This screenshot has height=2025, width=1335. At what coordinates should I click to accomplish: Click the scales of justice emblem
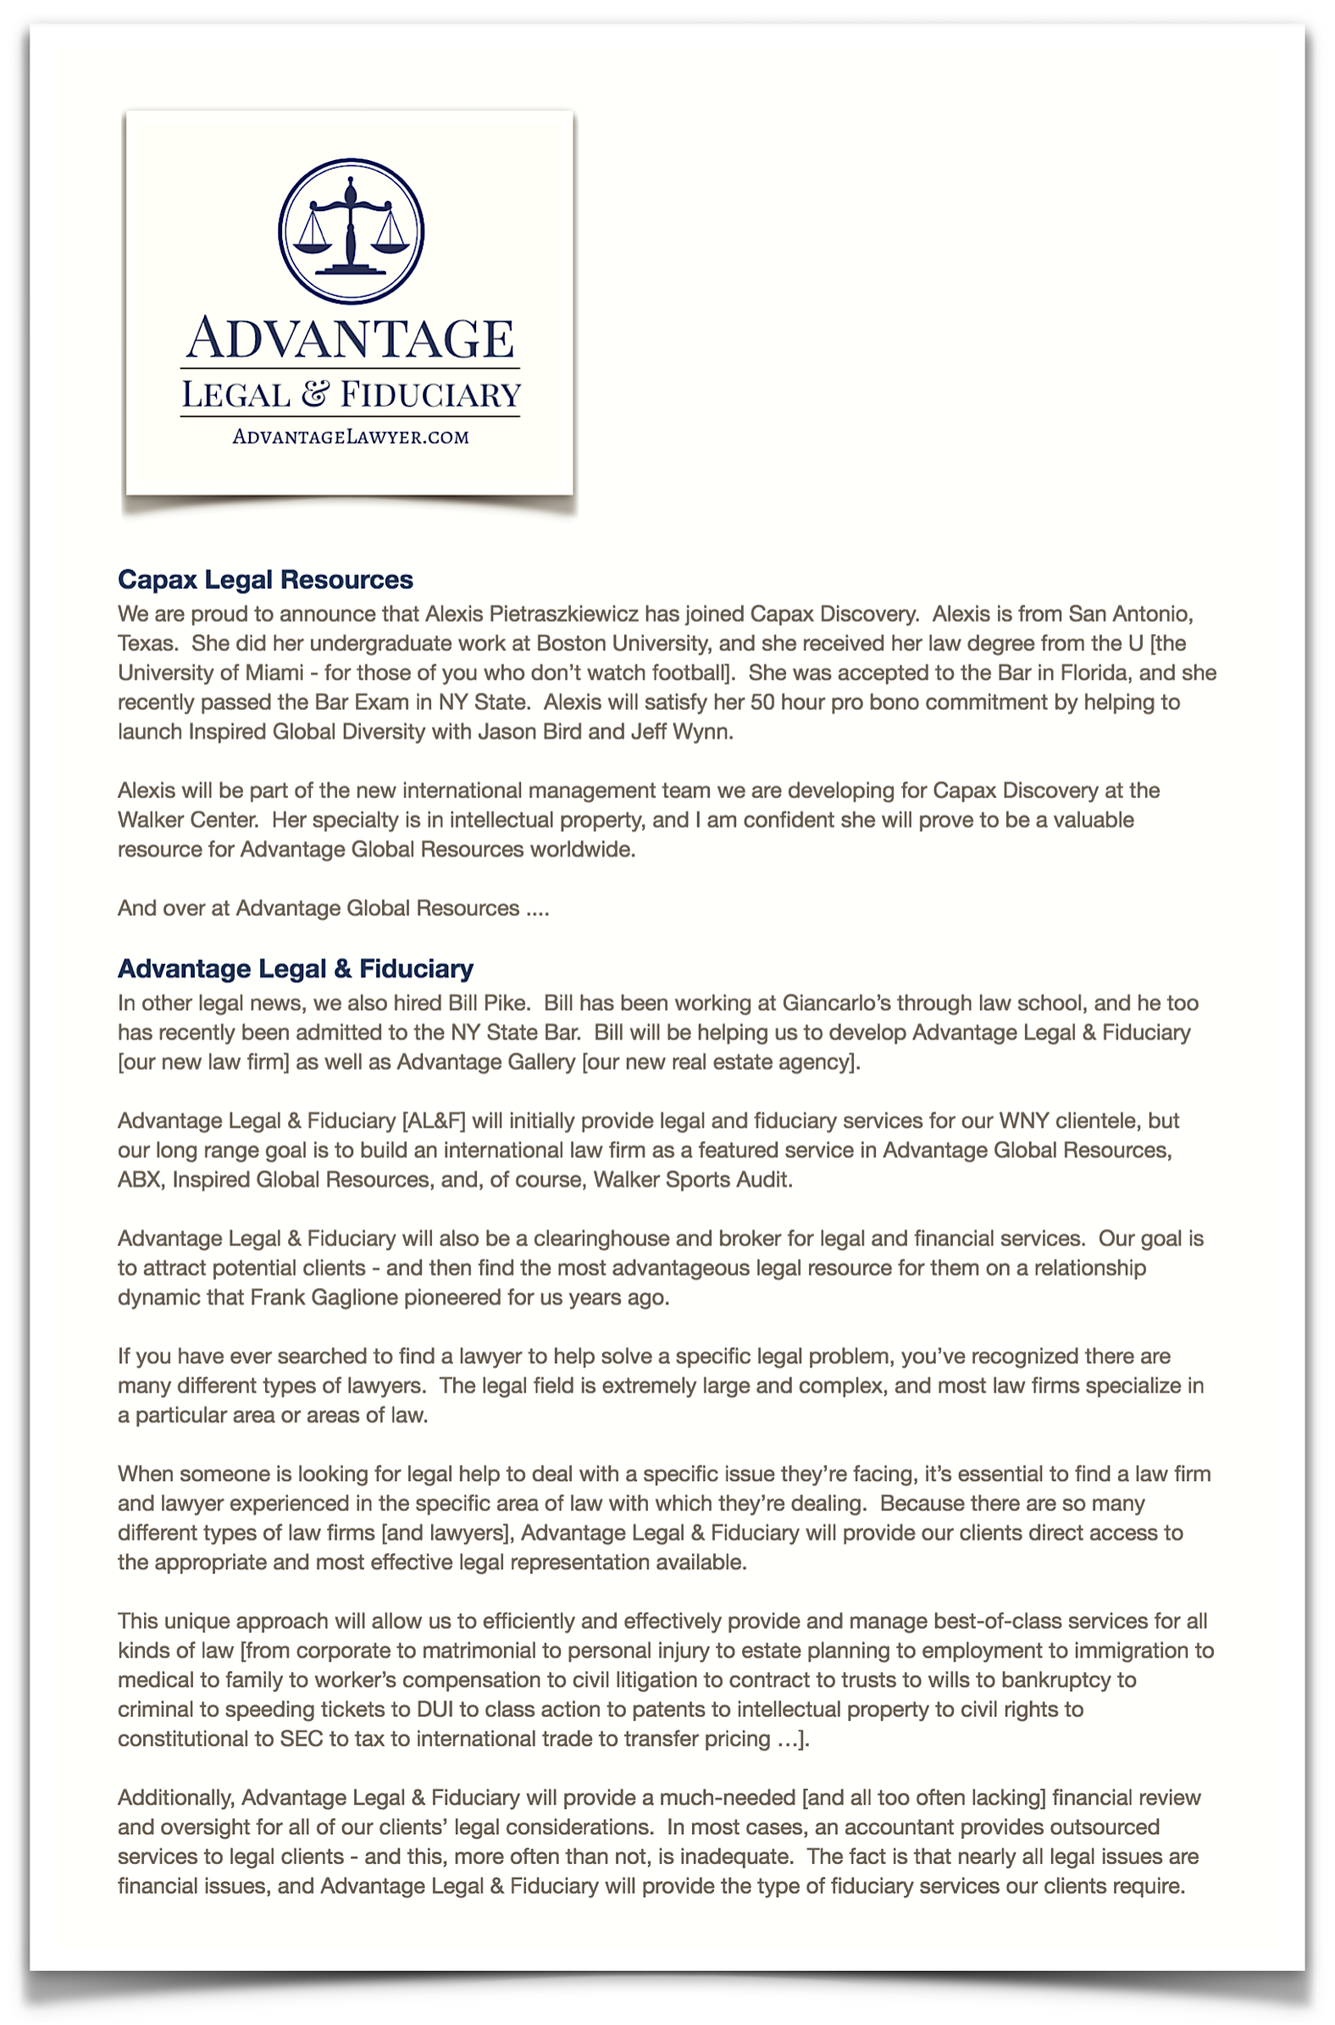pos(351,230)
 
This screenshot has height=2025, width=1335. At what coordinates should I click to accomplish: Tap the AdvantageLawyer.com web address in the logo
pos(350,437)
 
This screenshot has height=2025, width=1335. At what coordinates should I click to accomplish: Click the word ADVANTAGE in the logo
pos(350,338)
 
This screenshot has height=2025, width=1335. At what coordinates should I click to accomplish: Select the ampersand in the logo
pos(314,394)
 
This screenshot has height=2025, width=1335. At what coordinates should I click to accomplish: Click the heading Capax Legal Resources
pos(265,580)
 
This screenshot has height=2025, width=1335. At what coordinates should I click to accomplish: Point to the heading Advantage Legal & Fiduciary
pos(296,968)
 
